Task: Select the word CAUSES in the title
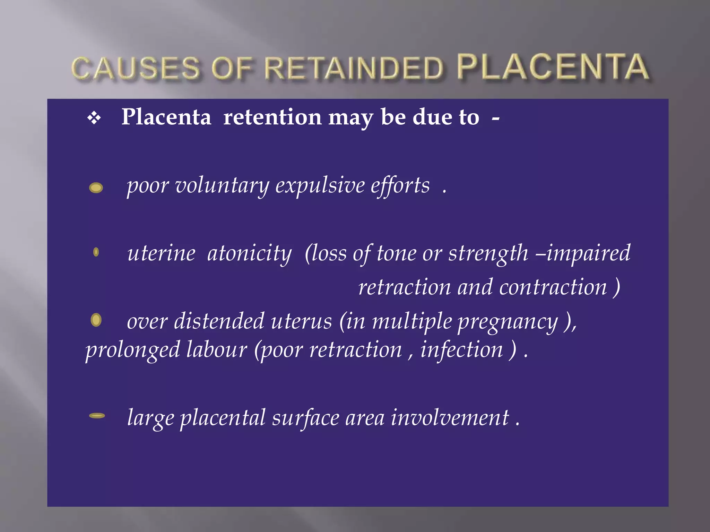[136, 68]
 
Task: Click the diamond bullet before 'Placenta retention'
[94, 118]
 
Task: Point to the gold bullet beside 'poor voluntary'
[96, 188]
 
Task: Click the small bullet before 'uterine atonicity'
[96, 252]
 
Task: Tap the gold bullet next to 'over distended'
[96, 320]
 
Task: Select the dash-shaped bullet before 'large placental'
[97, 416]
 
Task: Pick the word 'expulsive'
[320, 186]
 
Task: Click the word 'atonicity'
[250, 254]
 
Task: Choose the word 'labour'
[217, 349]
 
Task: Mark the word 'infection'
[461, 349]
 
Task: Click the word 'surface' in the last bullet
[305, 418]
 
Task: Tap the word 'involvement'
[450, 418]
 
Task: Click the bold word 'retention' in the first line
[272, 117]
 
